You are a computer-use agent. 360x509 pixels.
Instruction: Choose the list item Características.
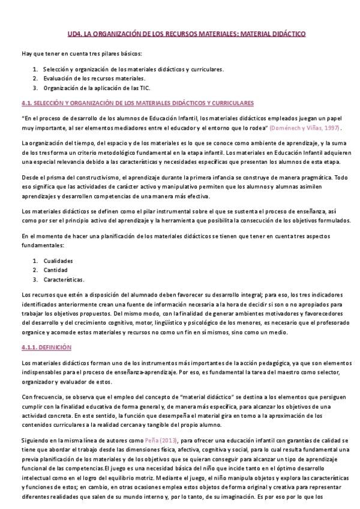(63, 279)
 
